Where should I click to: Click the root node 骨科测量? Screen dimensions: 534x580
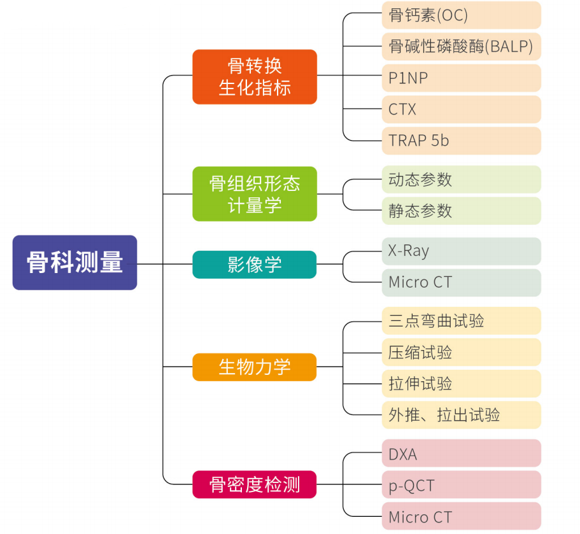tap(74, 263)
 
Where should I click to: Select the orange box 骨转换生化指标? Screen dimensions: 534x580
tap(255, 77)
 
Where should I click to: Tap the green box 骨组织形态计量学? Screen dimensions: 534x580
tap(255, 194)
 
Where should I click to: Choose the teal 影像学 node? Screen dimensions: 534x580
tap(255, 264)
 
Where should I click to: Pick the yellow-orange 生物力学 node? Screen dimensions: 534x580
tap(255, 367)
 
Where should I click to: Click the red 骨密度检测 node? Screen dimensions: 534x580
tap(255, 485)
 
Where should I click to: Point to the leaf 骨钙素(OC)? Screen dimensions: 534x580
tap(461, 15)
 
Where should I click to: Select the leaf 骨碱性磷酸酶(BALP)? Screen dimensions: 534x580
tap(461, 46)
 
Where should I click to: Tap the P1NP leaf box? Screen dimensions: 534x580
tap(461, 78)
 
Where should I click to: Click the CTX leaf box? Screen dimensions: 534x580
tap(461, 109)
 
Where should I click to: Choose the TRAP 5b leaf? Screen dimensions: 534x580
tap(461, 141)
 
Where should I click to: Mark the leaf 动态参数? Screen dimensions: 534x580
tap(461, 179)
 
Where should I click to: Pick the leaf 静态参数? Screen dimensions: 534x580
tap(461, 211)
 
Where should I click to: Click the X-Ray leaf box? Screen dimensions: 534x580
tap(461, 251)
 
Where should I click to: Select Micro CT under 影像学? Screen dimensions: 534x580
tap(461, 282)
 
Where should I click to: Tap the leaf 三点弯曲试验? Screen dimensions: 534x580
tap(461, 321)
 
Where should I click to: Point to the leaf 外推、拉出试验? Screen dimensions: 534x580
tap(461, 415)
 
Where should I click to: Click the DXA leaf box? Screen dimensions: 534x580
tap(461, 454)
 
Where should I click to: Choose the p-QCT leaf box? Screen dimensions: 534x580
tap(461, 485)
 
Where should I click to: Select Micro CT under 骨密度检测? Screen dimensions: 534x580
tap(461, 516)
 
